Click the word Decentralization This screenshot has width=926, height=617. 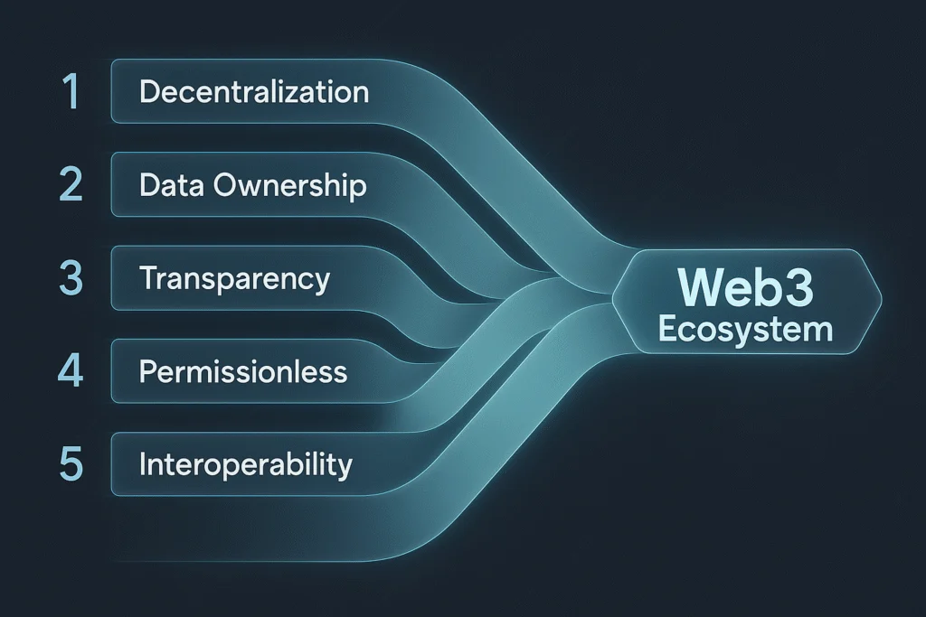(254, 92)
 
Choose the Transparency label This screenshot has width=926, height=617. (234, 279)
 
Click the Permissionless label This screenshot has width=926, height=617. (243, 371)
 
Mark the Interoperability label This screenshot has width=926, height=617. (245, 465)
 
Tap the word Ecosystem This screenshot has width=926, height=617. (745, 330)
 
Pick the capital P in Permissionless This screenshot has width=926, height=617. (148, 371)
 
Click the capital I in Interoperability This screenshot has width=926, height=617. (143, 464)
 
